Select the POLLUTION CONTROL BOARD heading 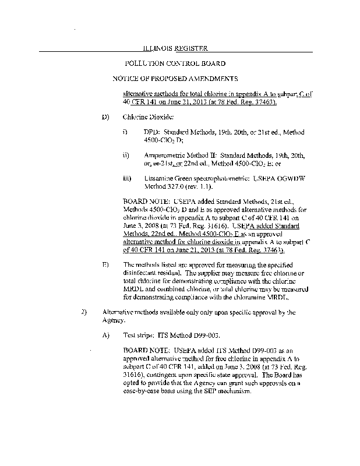point(175,63)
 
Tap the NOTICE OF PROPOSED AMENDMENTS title point(175,77)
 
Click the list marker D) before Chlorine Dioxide point(105,117)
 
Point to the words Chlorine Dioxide point(145,117)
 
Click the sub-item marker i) point(125,133)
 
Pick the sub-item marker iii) point(126,178)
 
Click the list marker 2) point(84,312)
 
